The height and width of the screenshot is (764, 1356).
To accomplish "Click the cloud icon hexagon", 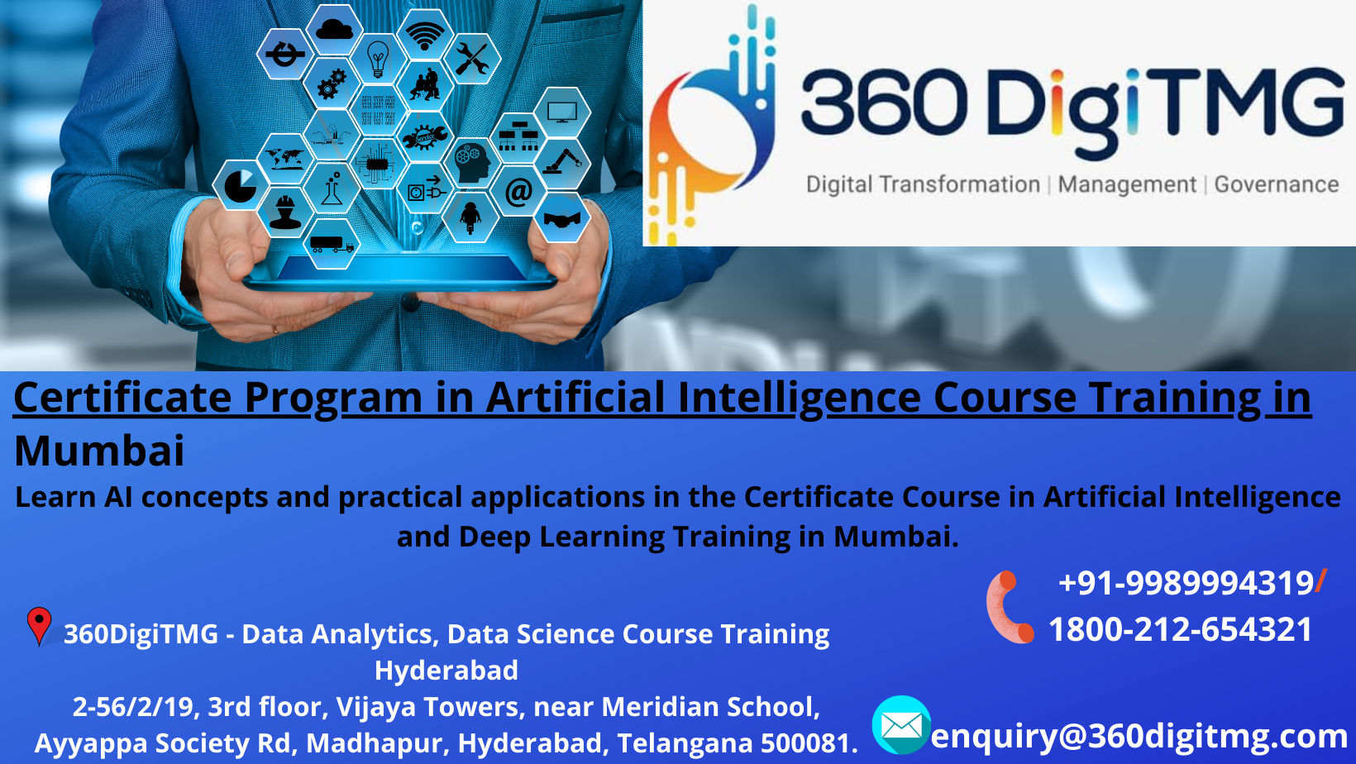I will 334,30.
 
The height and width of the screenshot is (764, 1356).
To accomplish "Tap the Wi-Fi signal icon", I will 425,35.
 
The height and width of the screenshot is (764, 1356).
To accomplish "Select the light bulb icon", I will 378,59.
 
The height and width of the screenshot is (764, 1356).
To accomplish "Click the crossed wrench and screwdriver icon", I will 471,59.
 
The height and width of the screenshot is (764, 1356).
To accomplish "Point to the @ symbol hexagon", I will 518,191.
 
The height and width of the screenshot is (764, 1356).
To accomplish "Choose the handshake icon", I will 562,218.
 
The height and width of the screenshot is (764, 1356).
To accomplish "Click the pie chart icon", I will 240,185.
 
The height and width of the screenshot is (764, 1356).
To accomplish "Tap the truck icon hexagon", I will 332,244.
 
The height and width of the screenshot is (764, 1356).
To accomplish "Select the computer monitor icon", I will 562,112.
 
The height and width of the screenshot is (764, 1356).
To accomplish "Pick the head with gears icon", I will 473,161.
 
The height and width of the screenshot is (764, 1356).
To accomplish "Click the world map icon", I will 285,157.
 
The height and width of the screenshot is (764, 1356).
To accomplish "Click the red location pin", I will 39,625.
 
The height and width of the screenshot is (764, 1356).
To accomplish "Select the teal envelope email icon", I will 901,725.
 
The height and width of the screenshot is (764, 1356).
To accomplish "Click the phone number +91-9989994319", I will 1186,583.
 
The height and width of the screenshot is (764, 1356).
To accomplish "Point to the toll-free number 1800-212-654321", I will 1180,630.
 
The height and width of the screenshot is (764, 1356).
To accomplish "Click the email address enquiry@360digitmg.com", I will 1139,735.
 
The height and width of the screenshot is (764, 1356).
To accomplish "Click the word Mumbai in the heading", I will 99,451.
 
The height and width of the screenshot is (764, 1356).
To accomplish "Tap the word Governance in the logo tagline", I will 1276,184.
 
